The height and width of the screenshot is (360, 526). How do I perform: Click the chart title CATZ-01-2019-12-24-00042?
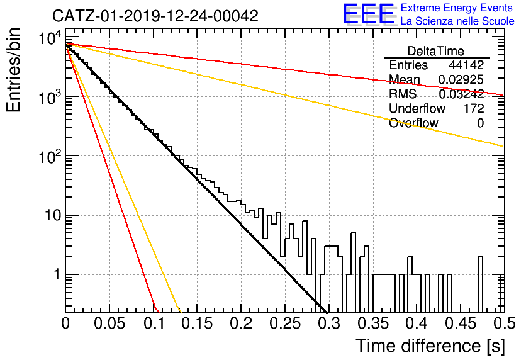[155, 16]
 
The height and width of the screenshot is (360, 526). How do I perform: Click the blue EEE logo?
[368, 14]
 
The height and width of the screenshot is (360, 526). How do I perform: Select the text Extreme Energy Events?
[457, 8]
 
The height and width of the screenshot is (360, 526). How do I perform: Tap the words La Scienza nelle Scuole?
[457, 21]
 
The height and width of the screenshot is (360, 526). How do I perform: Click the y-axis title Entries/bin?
[13, 70]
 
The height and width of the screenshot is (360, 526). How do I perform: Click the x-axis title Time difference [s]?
[430, 346]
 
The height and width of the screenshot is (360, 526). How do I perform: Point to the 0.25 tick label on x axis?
[285, 323]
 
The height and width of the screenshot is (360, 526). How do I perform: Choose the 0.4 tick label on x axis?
[417, 323]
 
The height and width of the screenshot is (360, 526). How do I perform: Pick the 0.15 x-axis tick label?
[197, 323]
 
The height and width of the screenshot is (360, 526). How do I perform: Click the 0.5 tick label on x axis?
[504, 323]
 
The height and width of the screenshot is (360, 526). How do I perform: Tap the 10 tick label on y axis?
[53, 215]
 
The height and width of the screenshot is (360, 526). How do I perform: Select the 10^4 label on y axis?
[50, 38]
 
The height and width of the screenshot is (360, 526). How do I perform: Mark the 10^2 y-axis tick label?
[50, 157]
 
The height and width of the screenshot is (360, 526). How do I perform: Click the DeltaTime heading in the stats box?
[436, 51]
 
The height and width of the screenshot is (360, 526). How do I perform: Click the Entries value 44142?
[466, 65]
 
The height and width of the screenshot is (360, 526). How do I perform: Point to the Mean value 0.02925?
[461, 79]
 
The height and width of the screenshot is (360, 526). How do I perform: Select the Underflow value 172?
[474, 108]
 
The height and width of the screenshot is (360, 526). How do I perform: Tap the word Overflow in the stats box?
[413, 123]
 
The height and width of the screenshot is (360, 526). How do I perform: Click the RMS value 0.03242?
[461, 94]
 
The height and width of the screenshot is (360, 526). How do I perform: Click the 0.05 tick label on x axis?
[109, 323]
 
